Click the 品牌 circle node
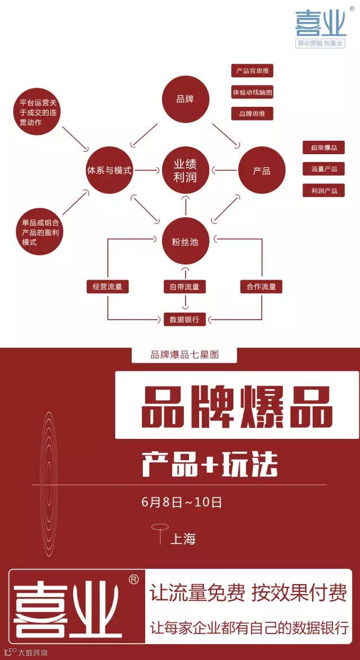coord(185,99)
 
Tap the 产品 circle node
coord(262,170)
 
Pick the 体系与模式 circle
coord(109,170)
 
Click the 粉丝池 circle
coord(185,241)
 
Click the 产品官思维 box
coord(253,71)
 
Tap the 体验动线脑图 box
coord(253,92)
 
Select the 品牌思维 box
coord(253,113)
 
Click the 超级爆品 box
coord(324,147)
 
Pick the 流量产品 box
coord(324,169)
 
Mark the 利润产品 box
coord(324,190)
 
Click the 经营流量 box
coord(107,286)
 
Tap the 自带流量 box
coord(184,286)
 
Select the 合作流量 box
coord(262,286)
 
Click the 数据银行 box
coord(184,319)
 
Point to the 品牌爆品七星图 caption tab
coord(184,355)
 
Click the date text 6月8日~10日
coord(182,502)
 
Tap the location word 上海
coord(183,538)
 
